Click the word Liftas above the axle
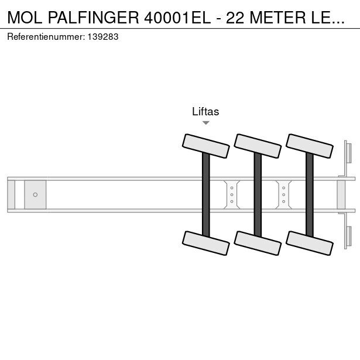tap(205, 112)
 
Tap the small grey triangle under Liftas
tap(206, 123)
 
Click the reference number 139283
tap(103, 37)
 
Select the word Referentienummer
tap(45, 37)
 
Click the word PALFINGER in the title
tap(94, 18)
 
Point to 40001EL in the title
tap(177, 18)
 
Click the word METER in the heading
tap(277, 18)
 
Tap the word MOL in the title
tap(25, 18)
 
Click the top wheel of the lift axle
tap(206, 146)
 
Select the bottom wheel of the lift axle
tap(206, 243)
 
